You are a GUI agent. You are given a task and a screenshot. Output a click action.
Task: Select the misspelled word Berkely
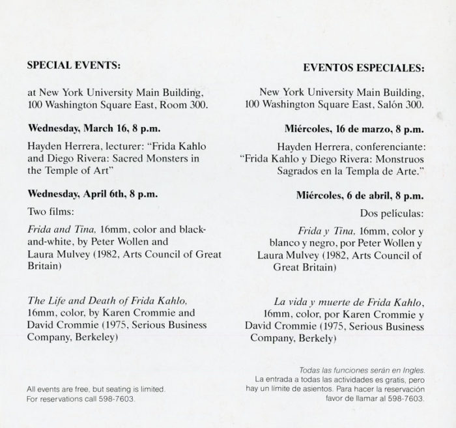[x=317, y=339]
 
